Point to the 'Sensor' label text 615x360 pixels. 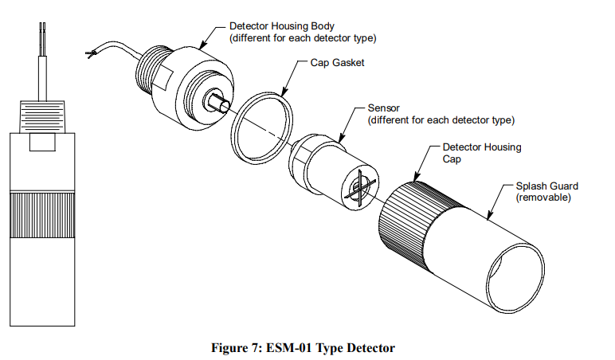tap(384, 107)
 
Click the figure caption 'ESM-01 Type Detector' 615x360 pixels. tap(307, 347)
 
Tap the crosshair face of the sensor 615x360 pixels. tap(358, 192)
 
